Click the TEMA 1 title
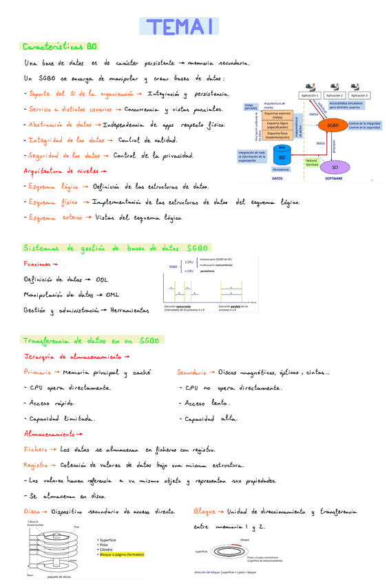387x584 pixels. point(178,26)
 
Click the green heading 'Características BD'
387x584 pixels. point(61,47)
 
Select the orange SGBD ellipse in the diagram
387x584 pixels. point(333,125)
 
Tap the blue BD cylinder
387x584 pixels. point(281,156)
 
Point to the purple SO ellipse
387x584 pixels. point(335,167)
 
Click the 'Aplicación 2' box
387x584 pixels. point(335,95)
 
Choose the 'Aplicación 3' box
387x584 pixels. point(360,95)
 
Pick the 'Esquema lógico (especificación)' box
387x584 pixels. point(278,125)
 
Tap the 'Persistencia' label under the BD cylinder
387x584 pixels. point(281,169)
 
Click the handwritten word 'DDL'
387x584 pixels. point(102,280)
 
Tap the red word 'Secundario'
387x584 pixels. point(191,373)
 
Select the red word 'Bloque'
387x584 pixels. point(205,512)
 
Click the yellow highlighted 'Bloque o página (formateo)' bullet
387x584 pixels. point(122,554)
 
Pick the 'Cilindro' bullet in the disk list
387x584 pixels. point(107,549)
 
